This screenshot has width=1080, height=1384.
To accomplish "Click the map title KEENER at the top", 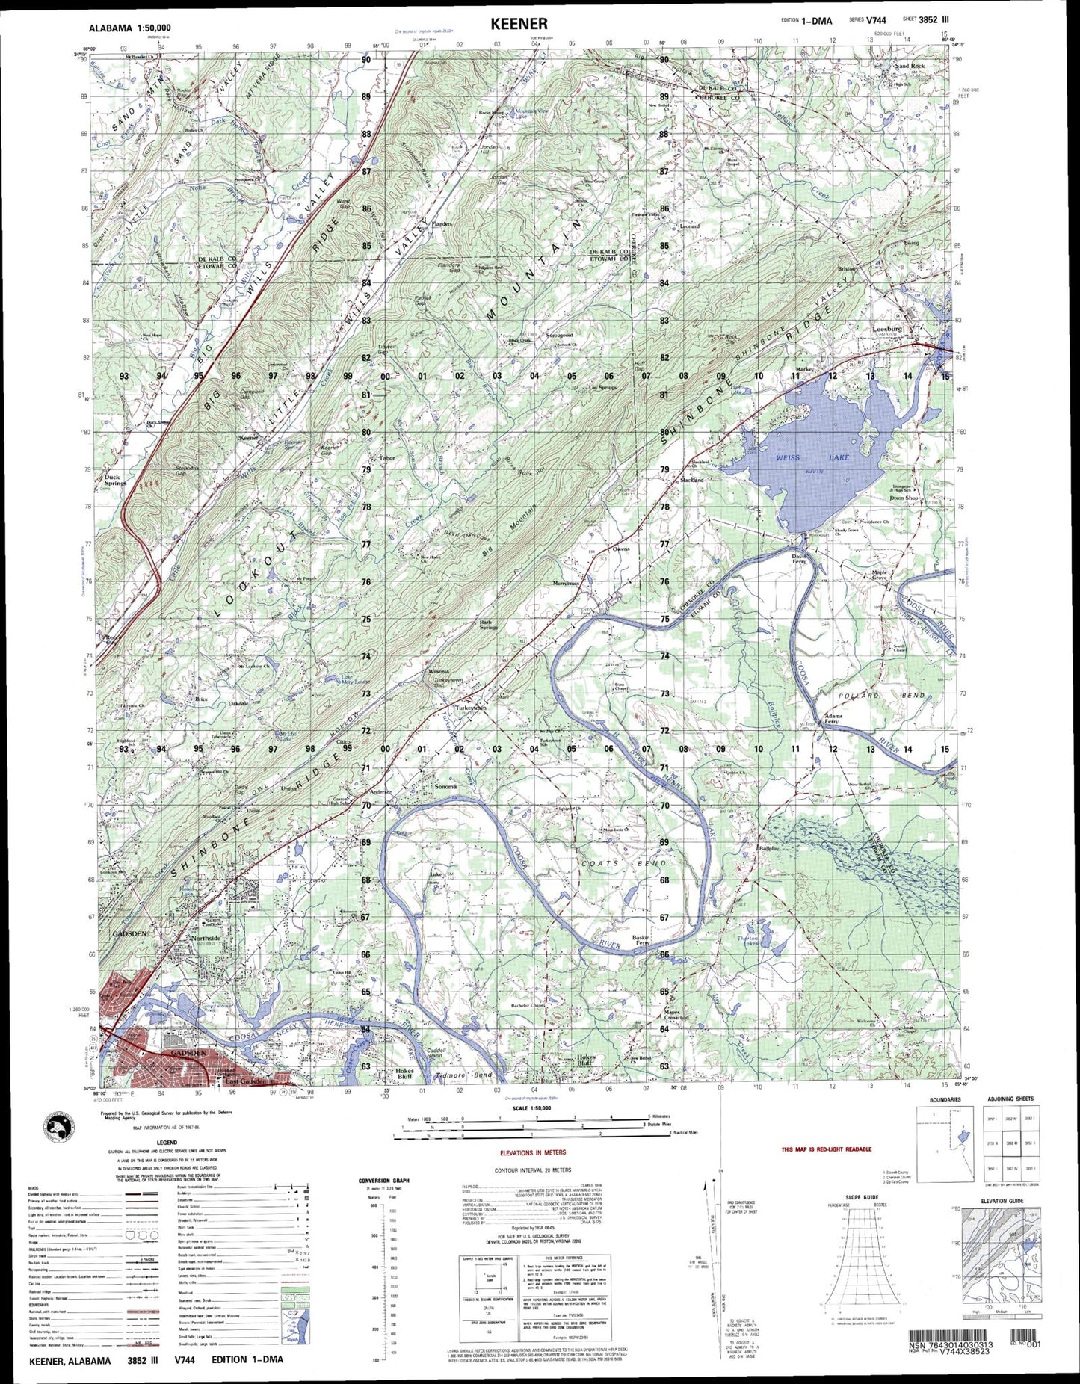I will pos(519,25).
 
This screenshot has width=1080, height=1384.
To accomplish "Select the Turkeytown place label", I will pos(471,708).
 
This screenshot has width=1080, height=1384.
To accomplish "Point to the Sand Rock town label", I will pos(910,67).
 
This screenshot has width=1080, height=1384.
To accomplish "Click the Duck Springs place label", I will pos(115,480).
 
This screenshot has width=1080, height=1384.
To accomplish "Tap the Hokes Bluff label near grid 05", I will pos(586,1060).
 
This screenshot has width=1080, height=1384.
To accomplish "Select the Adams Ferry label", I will pos(833,719).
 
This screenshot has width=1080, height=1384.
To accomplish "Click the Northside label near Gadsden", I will pos(206,938).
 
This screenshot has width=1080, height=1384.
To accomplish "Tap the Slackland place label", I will pos(691,480).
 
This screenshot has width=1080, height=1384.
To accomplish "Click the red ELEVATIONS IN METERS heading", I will pos(532,1152).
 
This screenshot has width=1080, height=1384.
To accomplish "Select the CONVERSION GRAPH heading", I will pos(386,1181).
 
